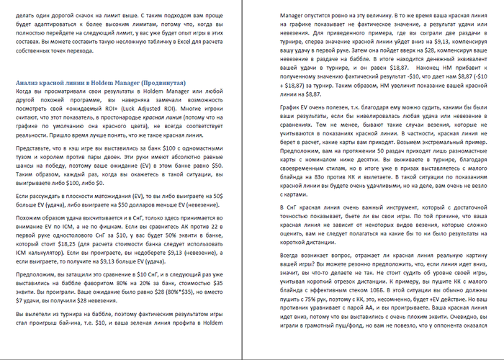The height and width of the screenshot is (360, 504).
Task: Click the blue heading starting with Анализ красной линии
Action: [x=100, y=84]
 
